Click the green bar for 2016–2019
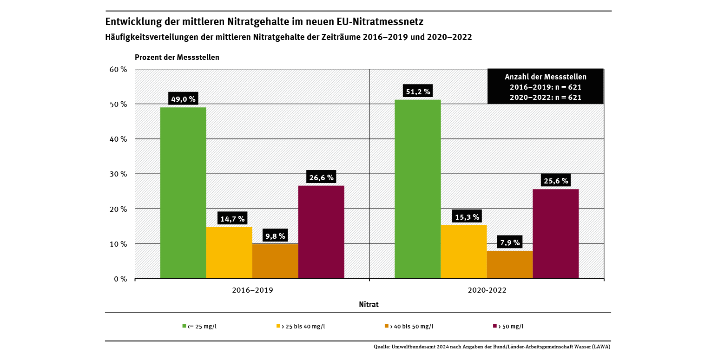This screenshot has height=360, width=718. coord(183,193)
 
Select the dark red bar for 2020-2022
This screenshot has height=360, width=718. coord(556,234)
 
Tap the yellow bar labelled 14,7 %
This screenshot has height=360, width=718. coord(229,253)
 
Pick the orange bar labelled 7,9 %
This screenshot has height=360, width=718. coord(510,264)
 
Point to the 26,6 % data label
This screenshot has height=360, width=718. coord(321,177)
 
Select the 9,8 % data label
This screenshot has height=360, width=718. coord(275,235)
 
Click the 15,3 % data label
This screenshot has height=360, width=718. coord(463,216)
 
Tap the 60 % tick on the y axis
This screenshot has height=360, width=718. coord(118,69)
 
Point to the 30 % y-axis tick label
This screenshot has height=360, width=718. coord(118,174)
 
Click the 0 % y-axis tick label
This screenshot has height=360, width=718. coord(120,279)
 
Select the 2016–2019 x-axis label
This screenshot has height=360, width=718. coord(252,290)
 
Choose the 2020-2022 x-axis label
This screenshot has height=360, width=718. coord(487,290)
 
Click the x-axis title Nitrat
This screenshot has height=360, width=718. coord(369,305)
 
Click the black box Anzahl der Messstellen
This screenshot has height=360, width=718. coord(545,87)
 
